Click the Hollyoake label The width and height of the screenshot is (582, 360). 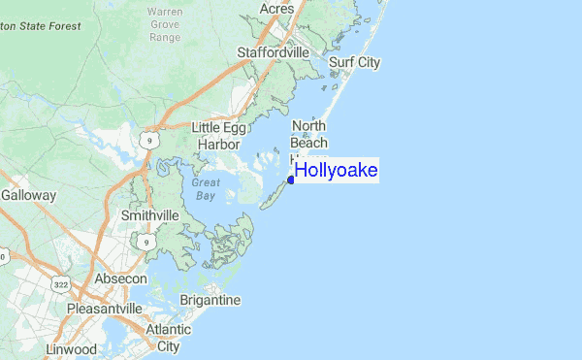click(336, 171)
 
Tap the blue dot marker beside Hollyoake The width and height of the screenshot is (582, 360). click(290, 180)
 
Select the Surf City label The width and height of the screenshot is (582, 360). click(354, 63)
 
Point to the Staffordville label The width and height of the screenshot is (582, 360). click(276, 51)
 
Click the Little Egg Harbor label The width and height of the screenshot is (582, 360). click(219, 136)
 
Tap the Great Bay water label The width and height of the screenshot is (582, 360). click(205, 188)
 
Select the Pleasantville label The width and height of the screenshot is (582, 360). click(105, 309)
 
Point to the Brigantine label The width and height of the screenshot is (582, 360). click(210, 301)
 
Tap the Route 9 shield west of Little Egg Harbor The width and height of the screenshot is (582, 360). click(147, 141)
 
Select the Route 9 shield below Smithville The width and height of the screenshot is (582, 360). click(145, 239)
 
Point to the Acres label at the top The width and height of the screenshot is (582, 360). click(277, 8)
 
